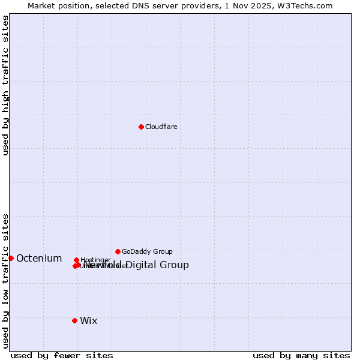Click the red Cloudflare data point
[141, 127]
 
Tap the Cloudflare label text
[161, 127]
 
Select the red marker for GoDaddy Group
[118, 251]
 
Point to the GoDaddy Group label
[147, 252]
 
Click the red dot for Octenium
[11, 258]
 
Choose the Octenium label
[39, 259]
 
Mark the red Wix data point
[74, 320]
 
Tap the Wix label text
[89, 321]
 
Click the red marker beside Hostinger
[76, 260]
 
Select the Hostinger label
[95, 260]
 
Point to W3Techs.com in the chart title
[308, 5]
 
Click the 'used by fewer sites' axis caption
[62, 356]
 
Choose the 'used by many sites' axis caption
[301, 356]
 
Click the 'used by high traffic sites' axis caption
[6, 85]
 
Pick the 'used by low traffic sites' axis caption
[6, 281]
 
